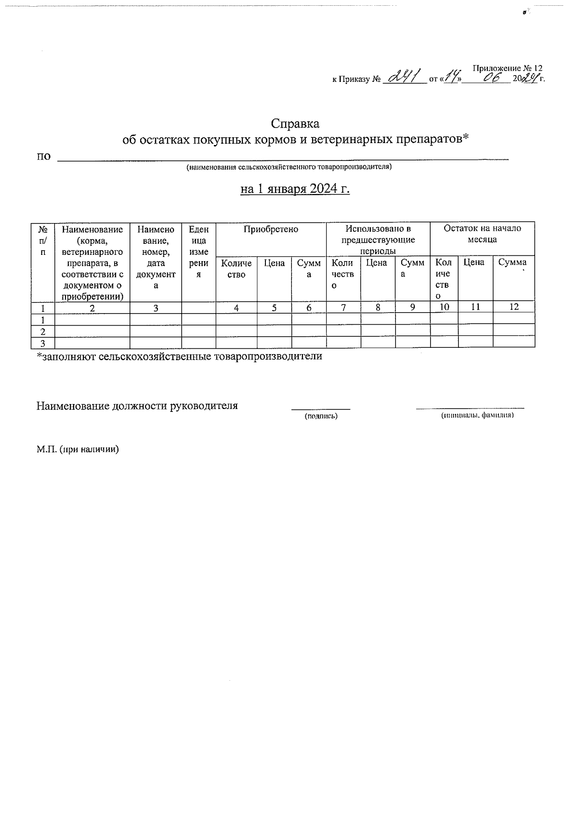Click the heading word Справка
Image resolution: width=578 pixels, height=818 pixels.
(x=295, y=124)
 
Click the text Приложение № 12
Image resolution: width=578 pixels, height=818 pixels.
(x=508, y=68)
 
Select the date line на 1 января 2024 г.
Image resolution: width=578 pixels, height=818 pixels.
(x=295, y=189)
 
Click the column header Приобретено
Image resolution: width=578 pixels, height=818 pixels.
(x=271, y=229)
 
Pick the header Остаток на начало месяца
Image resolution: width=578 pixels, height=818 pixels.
(x=482, y=234)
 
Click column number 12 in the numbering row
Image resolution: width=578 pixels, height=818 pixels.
(x=514, y=306)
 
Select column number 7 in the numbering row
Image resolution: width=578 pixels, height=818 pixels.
(x=343, y=307)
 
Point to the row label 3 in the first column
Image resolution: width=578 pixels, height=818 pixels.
(x=43, y=343)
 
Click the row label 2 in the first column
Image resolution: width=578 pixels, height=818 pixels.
(x=43, y=331)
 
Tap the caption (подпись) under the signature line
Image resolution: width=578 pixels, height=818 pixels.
(x=321, y=416)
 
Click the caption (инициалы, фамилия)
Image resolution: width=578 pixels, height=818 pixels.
(x=477, y=415)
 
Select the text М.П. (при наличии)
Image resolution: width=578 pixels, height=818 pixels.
(x=78, y=449)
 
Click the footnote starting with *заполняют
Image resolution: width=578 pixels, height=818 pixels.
(x=180, y=356)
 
